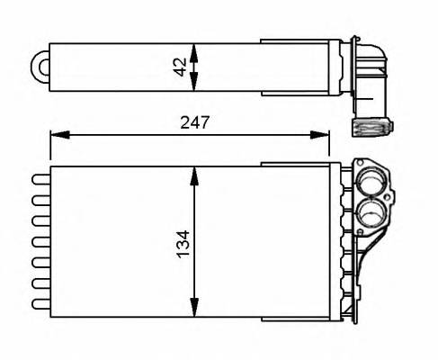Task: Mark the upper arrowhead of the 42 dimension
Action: click(x=195, y=45)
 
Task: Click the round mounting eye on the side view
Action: click(x=41, y=66)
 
